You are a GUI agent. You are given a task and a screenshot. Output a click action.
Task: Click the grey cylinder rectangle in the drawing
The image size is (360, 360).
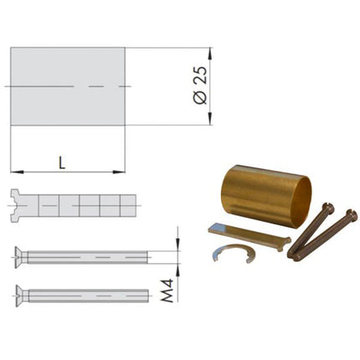click(x=67, y=86)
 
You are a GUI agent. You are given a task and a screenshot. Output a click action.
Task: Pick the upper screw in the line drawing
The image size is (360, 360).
click(x=84, y=255)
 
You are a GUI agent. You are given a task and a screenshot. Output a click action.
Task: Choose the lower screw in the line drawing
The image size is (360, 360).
click(x=84, y=295)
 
